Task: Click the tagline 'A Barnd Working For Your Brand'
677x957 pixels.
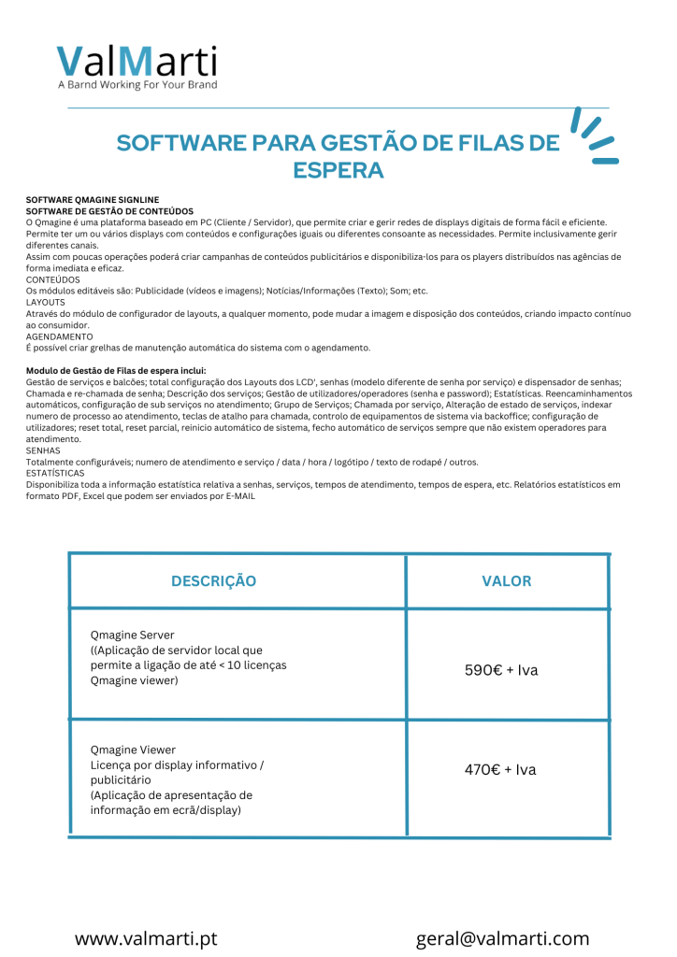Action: (x=137, y=85)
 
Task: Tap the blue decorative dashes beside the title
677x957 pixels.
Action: (x=594, y=136)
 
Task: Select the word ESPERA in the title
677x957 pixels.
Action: (x=338, y=171)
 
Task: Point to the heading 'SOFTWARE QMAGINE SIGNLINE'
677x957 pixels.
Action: (x=93, y=199)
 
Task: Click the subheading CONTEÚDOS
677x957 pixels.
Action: (x=52, y=279)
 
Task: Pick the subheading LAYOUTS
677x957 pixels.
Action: (x=46, y=302)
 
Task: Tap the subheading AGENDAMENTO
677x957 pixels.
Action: (x=59, y=336)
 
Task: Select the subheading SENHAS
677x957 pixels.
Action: (x=42, y=450)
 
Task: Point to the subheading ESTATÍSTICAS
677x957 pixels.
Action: (x=55, y=473)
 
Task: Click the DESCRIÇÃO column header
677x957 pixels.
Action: (x=214, y=581)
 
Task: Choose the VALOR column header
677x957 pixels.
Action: (x=507, y=581)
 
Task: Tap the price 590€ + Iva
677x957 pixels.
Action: (x=501, y=670)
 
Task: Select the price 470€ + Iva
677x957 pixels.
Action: (x=501, y=770)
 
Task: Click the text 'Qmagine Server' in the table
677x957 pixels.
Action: (x=132, y=635)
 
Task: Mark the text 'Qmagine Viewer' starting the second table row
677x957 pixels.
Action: (x=133, y=750)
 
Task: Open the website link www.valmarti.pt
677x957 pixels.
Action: (x=145, y=938)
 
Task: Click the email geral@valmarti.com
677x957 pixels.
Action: (x=502, y=938)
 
